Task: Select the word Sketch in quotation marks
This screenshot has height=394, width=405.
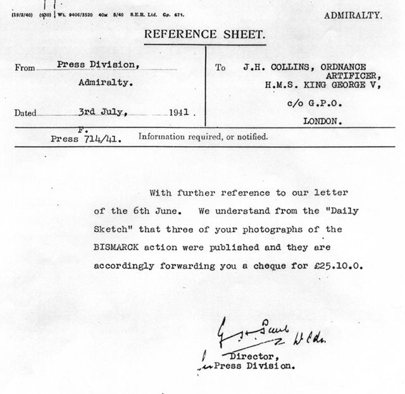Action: coord(113,228)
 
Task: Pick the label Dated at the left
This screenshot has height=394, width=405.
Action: coord(25,114)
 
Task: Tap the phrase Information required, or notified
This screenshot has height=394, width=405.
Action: coord(203,136)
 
